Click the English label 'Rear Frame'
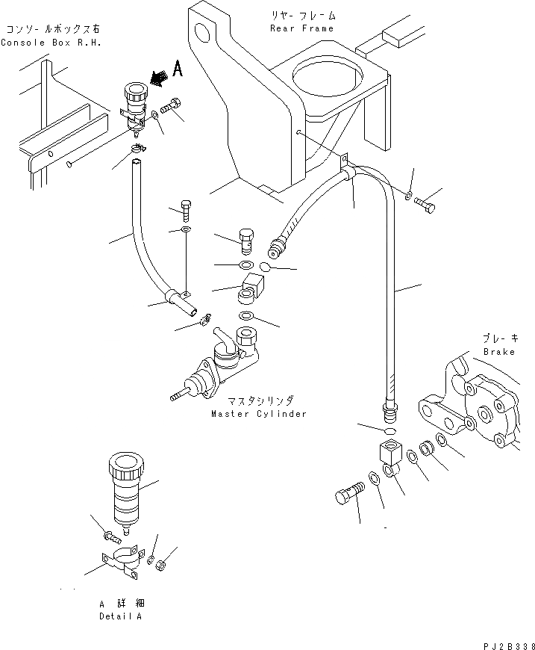point(301,28)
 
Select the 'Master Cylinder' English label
point(258,414)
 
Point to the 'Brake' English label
point(498,352)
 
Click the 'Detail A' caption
point(119,616)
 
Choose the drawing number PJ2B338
point(503,641)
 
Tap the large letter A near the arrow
point(178,69)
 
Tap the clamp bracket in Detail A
point(120,564)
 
